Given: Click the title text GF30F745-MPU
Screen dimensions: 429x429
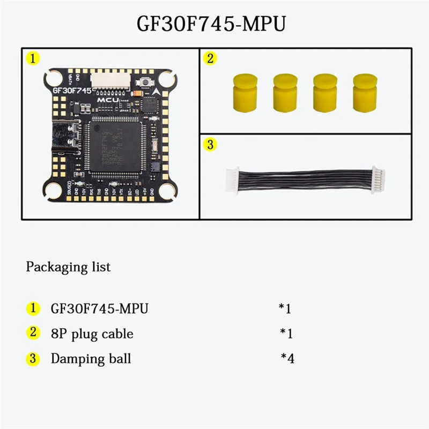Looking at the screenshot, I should [x=214, y=24].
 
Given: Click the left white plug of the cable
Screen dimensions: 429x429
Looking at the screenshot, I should [x=231, y=178].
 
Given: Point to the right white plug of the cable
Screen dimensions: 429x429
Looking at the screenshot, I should [x=378, y=179].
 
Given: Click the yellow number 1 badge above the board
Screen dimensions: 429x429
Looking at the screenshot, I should [x=33, y=58].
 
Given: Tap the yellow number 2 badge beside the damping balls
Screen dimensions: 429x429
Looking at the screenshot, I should [x=210, y=58].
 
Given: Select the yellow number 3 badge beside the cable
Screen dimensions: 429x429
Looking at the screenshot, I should [x=210, y=144].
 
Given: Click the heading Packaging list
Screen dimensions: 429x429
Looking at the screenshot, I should [x=68, y=267].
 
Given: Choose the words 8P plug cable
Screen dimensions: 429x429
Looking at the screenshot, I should [x=92, y=334].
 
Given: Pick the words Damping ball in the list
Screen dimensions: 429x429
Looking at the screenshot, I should [x=91, y=359].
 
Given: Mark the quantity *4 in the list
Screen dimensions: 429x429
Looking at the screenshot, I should [x=287, y=358].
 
